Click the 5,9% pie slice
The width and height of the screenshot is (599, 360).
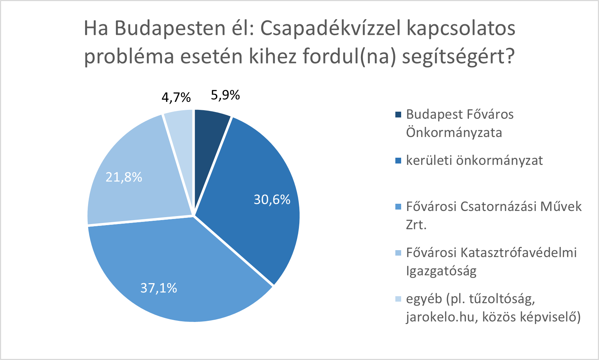pos(209,138)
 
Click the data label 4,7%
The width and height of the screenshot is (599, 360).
pos(176,97)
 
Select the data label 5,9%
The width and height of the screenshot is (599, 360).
pos(225,95)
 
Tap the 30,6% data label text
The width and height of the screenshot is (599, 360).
pos(272,199)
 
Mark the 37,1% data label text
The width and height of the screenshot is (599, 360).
pos(159,288)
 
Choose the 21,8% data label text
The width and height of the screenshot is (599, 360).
pos(124,177)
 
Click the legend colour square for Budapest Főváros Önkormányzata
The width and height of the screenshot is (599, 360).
pos(399,115)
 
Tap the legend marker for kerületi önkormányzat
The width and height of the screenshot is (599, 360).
pos(399,161)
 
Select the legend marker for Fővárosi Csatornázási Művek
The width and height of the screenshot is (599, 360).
pos(399,207)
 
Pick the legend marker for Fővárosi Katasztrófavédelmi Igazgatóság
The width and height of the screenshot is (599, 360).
pos(399,253)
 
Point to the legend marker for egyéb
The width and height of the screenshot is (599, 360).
pos(399,299)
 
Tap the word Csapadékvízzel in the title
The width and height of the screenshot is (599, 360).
pos(330,28)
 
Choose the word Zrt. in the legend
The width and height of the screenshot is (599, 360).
pos(416,225)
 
